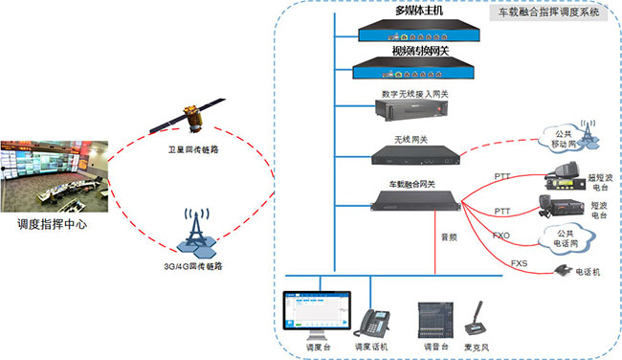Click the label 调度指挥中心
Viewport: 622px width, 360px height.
[x=53, y=225]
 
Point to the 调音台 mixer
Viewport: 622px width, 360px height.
[x=433, y=317]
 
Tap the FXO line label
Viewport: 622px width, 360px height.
[x=500, y=235]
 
